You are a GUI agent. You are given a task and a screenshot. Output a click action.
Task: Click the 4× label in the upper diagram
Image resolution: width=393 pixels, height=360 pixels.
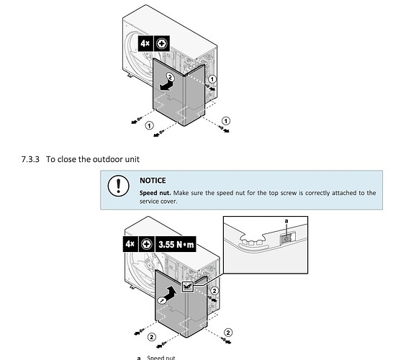click(145, 43)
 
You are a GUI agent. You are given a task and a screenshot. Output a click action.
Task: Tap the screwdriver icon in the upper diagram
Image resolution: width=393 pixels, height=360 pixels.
click(162, 43)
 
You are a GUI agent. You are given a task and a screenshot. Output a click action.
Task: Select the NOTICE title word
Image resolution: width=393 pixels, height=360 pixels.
click(153, 181)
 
